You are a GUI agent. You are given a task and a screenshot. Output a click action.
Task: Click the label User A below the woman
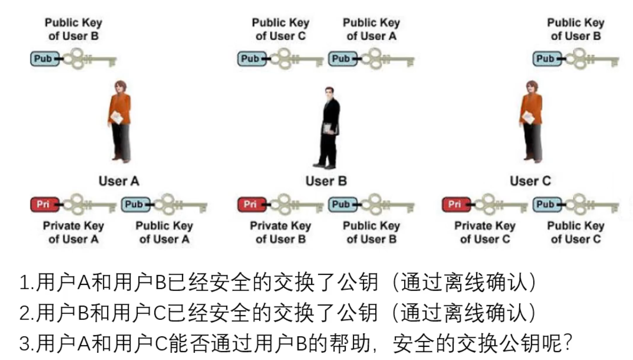[118, 181]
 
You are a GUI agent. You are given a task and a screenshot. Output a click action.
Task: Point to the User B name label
[326, 181]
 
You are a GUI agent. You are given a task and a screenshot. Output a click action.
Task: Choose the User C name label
[530, 181]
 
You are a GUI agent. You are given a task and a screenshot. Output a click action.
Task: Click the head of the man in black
[329, 93]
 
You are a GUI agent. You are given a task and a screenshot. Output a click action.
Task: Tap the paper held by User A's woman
[117, 117]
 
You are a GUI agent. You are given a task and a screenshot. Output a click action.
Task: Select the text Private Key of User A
[73, 233]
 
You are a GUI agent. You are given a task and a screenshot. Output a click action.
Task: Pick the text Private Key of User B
[281, 233]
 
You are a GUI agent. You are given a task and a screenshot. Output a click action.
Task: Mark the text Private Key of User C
[485, 233]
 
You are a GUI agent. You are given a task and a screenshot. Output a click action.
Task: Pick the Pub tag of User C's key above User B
[251, 58]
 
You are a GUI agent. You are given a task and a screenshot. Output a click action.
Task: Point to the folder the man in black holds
[329, 129]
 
